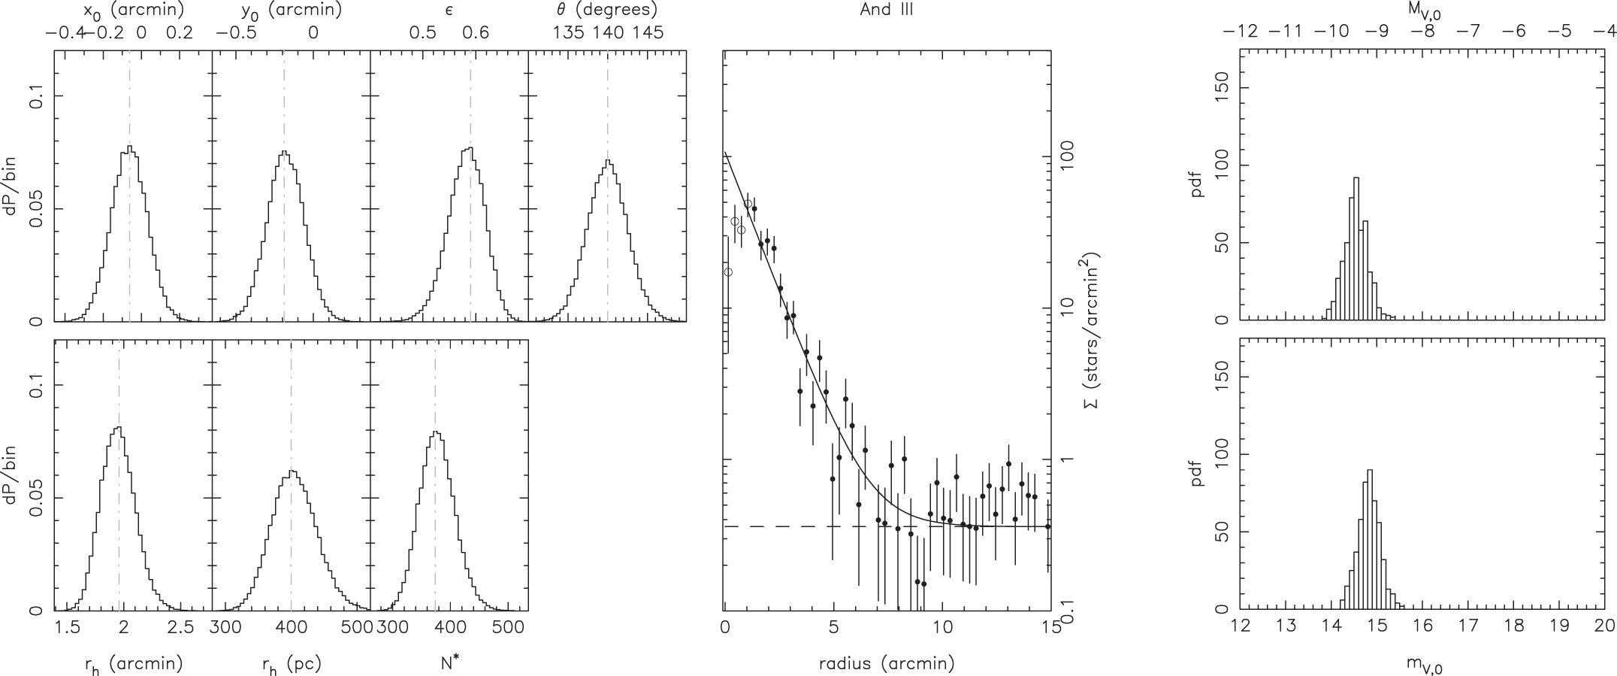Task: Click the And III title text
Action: click(x=887, y=11)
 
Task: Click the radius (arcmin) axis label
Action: click(x=887, y=663)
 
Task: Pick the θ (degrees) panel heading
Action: click(x=606, y=11)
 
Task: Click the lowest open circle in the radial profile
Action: click(x=727, y=271)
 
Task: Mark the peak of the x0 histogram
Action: click(x=129, y=147)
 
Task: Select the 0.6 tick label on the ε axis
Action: click(x=475, y=33)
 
